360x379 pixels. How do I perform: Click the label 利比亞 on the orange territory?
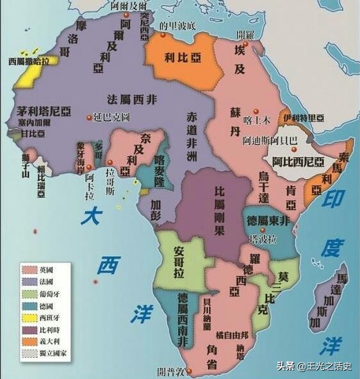pos(181,56)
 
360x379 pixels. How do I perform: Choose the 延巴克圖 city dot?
pos(88,118)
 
